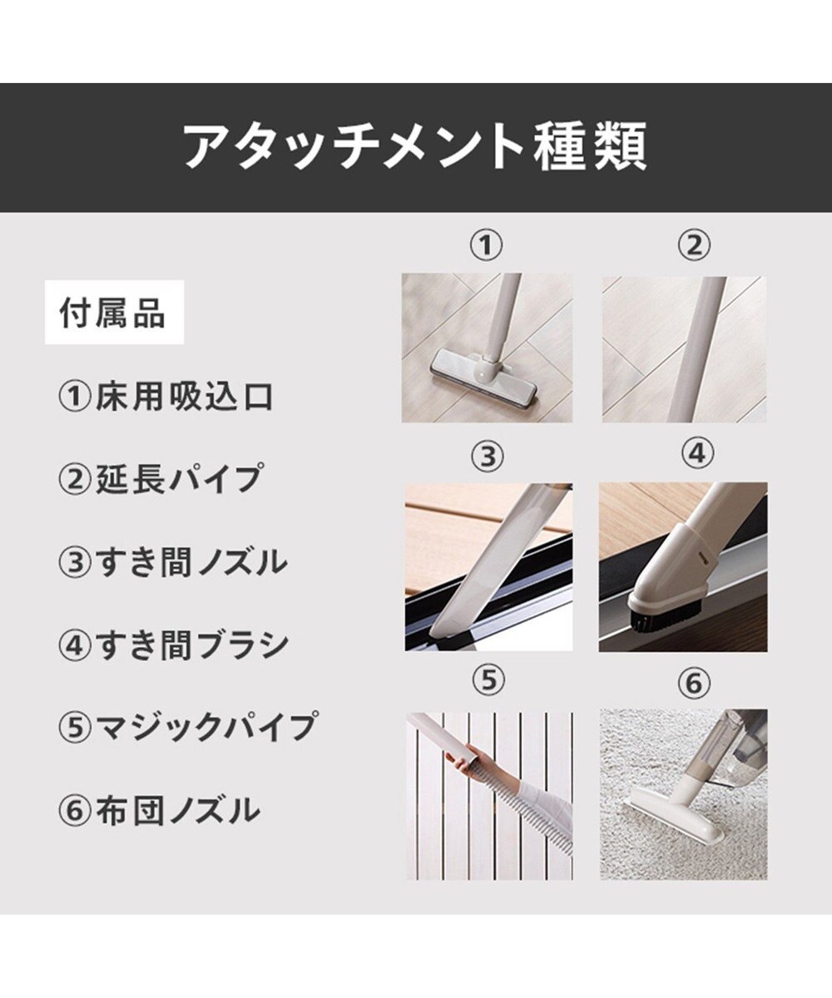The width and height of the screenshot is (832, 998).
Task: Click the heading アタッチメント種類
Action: [x=415, y=146]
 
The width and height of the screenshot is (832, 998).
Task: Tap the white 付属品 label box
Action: [x=114, y=312]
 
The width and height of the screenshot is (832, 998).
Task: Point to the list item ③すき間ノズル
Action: [x=172, y=561]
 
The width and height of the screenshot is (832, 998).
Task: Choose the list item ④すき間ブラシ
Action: [x=173, y=645]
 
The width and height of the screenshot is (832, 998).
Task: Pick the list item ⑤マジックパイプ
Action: [x=187, y=726]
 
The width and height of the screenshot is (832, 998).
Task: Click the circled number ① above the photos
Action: [x=485, y=246]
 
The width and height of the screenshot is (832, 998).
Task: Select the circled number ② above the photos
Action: [x=694, y=245]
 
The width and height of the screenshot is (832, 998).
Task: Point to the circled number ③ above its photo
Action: [x=488, y=456]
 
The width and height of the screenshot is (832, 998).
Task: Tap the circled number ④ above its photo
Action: [x=698, y=453]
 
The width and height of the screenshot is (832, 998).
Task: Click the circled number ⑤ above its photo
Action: [x=488, y=680]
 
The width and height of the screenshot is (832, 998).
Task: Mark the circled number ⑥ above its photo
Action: [x=694, y=683]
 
